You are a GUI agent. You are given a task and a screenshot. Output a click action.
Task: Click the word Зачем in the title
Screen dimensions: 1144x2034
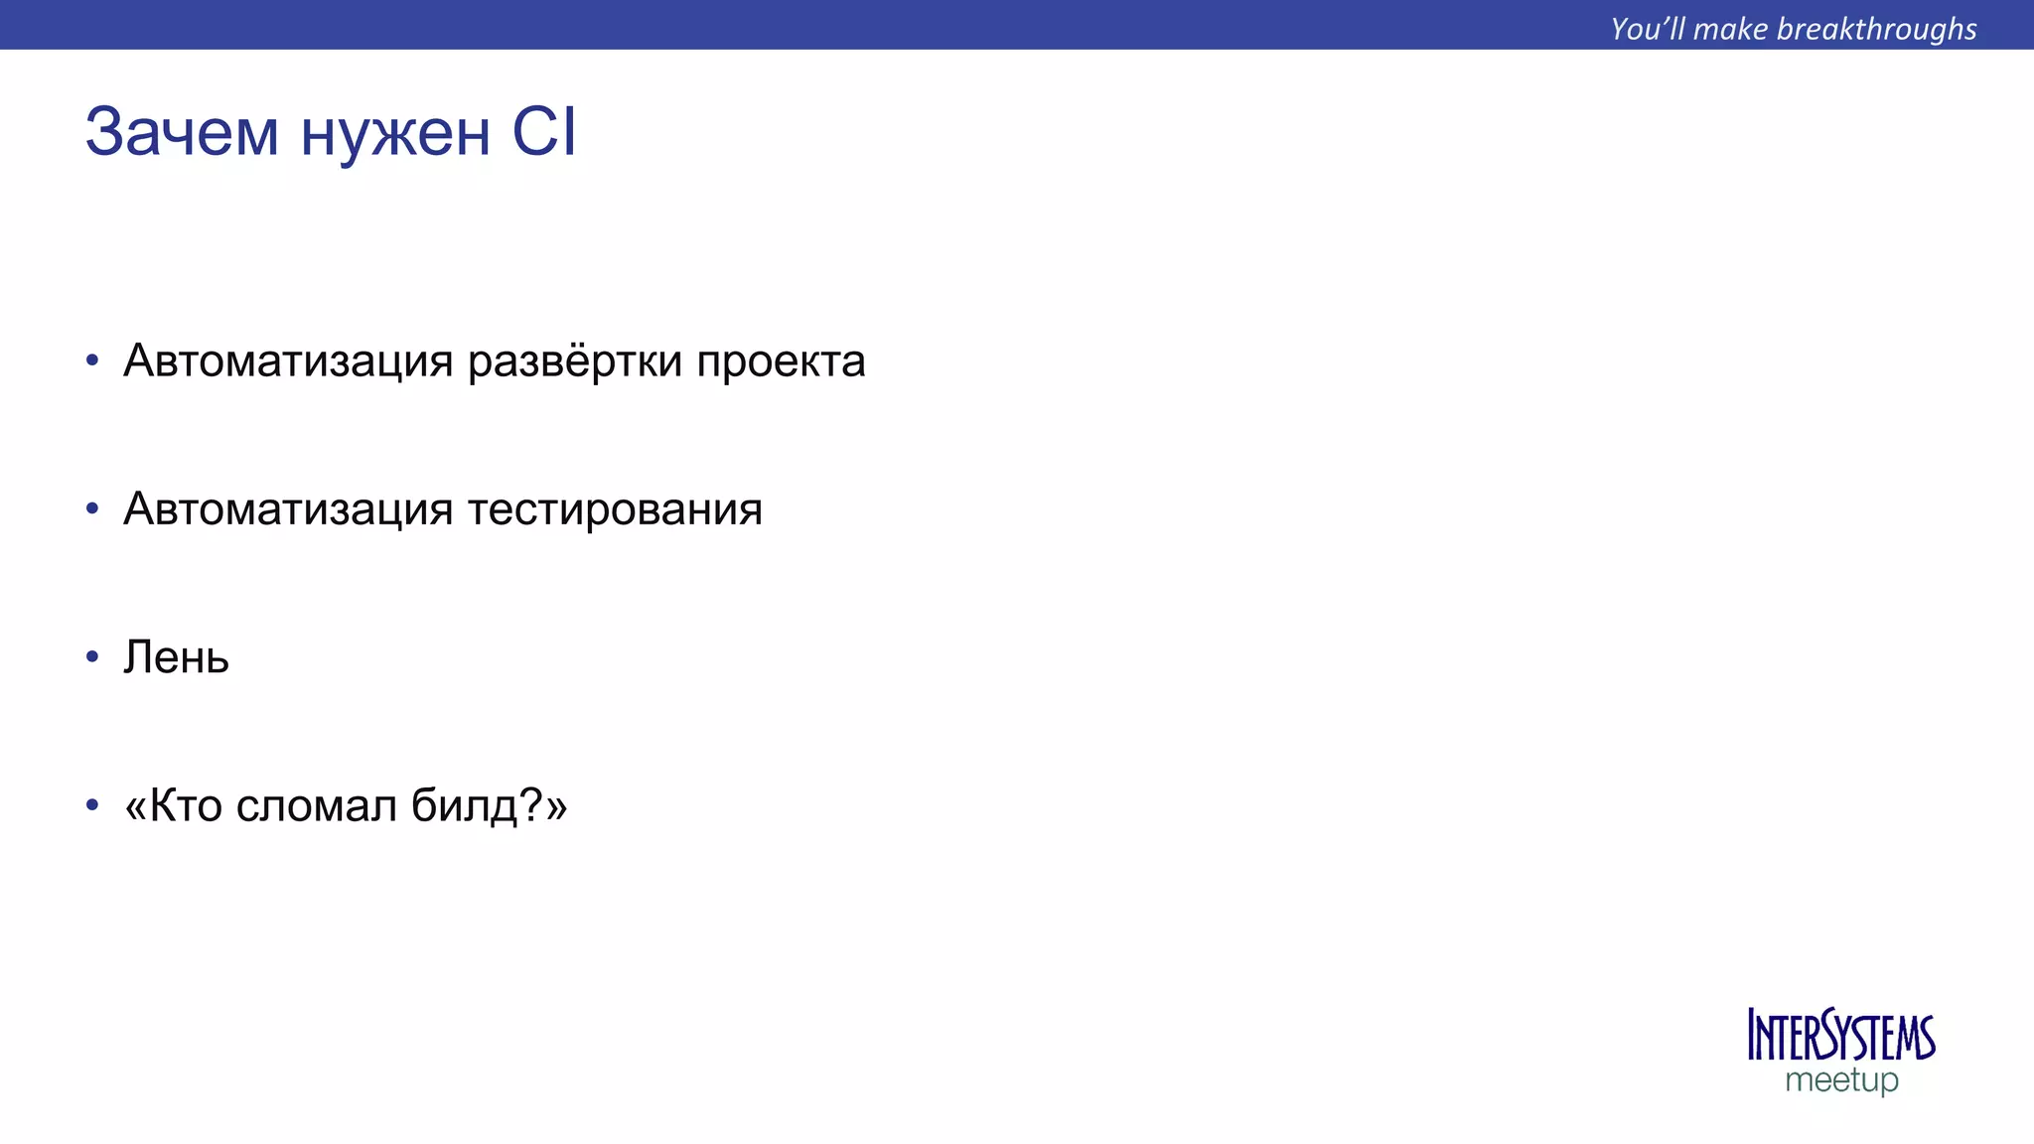pyautogui.click(x=182, y=132)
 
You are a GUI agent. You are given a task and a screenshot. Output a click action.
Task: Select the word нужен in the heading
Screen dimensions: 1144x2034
pyautogui.click(x=395, y=134)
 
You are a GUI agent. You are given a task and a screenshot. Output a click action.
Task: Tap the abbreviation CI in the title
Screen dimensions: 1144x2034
pyautogui.click(x=543, y=132)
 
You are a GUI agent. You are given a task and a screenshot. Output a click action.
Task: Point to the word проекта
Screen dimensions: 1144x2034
pyautogui.click(x=781, y=361)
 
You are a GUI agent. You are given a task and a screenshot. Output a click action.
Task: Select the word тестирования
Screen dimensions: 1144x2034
pyautogui.click(x=615, y=509)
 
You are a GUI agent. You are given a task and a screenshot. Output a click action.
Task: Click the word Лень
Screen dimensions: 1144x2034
pyautogui.click(x=176, y=657)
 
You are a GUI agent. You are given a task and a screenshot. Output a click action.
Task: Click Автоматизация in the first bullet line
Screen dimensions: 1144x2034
pyautogui.click(x=288, y=361)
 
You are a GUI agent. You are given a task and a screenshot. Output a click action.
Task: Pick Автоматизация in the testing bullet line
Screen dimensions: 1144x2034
pyautogui.click(x=288, y=509)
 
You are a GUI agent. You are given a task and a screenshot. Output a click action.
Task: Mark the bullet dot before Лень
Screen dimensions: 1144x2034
pyautogui.click(x=92, y=657)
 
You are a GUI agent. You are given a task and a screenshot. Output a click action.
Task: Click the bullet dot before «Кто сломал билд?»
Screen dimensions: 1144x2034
pyautogui.click(x=92, y=805)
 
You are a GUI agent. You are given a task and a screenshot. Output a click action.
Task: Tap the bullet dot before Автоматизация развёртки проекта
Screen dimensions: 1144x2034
pyautogui.click(x=92, y=360)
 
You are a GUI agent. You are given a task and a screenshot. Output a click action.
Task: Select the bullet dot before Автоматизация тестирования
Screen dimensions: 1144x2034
pyautogui.click(x=92, y=509)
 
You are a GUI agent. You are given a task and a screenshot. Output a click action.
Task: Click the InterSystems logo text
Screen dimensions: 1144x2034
pyautogui.click(x=1840, y=1037)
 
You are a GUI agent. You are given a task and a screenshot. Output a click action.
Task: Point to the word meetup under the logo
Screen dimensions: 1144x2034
pyautogui.click(x=1841, y=1080)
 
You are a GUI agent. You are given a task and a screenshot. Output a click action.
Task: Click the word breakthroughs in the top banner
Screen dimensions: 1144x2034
pyautogui.click(x=1876, y=29)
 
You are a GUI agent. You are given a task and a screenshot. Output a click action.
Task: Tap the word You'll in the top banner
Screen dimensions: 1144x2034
pyautogui.click(x=1648, y=29)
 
